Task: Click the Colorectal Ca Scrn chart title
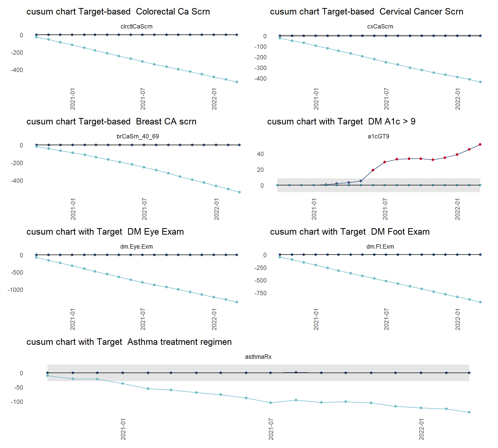(x=118, y=12)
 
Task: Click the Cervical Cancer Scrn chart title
(x=366, y=12)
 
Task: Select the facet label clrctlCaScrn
(x=136, y=26)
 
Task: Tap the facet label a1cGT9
(x=378, y=136)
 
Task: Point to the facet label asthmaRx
(x=258, y=357)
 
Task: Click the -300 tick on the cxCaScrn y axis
(x=260, y=68)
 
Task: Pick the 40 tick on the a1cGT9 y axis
(x=260, y=154)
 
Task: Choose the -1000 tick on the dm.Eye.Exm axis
(x=15, y=290)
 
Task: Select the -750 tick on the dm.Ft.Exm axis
(x=260, y=293)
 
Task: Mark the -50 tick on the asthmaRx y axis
(x=18, y=388)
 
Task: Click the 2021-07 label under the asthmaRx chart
(x=271, y=429)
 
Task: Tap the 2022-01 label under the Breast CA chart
(x=216, y=209)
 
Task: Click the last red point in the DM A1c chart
(x=480, y=144)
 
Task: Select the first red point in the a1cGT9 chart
(x=373, y=170)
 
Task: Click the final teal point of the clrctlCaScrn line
(x=237, y=82)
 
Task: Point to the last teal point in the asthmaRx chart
(x=469, y=412)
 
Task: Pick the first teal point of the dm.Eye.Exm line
(x=36, y=257)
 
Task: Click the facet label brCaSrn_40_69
(x=138, y=136)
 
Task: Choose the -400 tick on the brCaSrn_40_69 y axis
(x=17, y=181)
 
